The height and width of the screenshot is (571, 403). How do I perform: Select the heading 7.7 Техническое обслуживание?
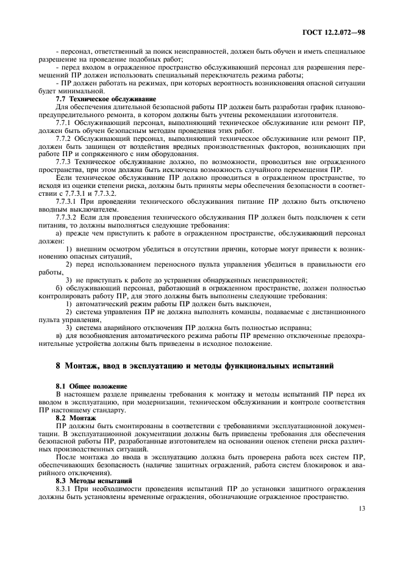105,99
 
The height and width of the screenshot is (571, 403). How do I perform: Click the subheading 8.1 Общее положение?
92,387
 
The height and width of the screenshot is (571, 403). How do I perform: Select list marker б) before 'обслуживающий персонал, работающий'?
59,287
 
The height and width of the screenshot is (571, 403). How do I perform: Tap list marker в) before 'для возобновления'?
59,335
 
